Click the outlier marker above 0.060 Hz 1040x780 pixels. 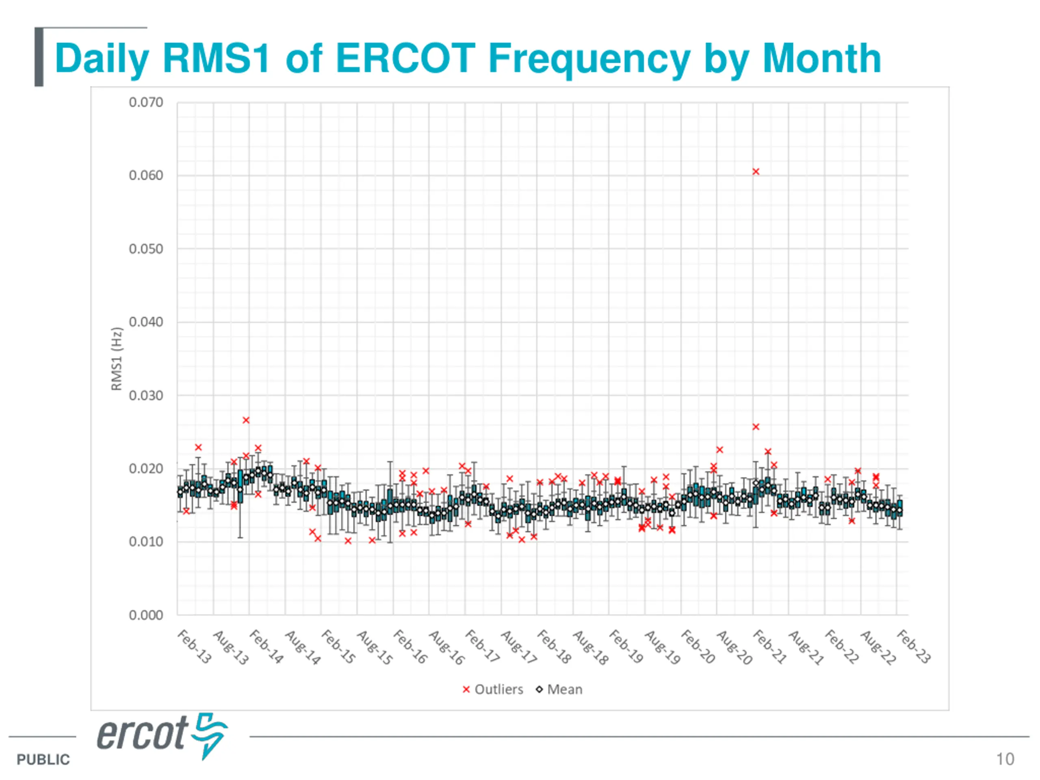click(x=756, y=171)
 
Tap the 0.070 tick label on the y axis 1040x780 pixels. click(x=146, y=102)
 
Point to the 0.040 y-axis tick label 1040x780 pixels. click(x=146, y=322)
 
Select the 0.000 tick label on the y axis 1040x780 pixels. click(x=146, y=615)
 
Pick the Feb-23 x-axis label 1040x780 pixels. click(x=914, y=647)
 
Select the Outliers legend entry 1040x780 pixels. click(x=493, y=689)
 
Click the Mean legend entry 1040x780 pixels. click(x=559, y=689)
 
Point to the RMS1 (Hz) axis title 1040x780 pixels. click(x=116, y=359)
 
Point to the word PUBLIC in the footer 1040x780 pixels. click(x=43, y=759)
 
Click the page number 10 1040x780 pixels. click(x=1005, y=759)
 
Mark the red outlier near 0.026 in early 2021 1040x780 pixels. click(x=756, y=427)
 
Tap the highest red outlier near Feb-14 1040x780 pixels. click(x=246, y=420)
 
